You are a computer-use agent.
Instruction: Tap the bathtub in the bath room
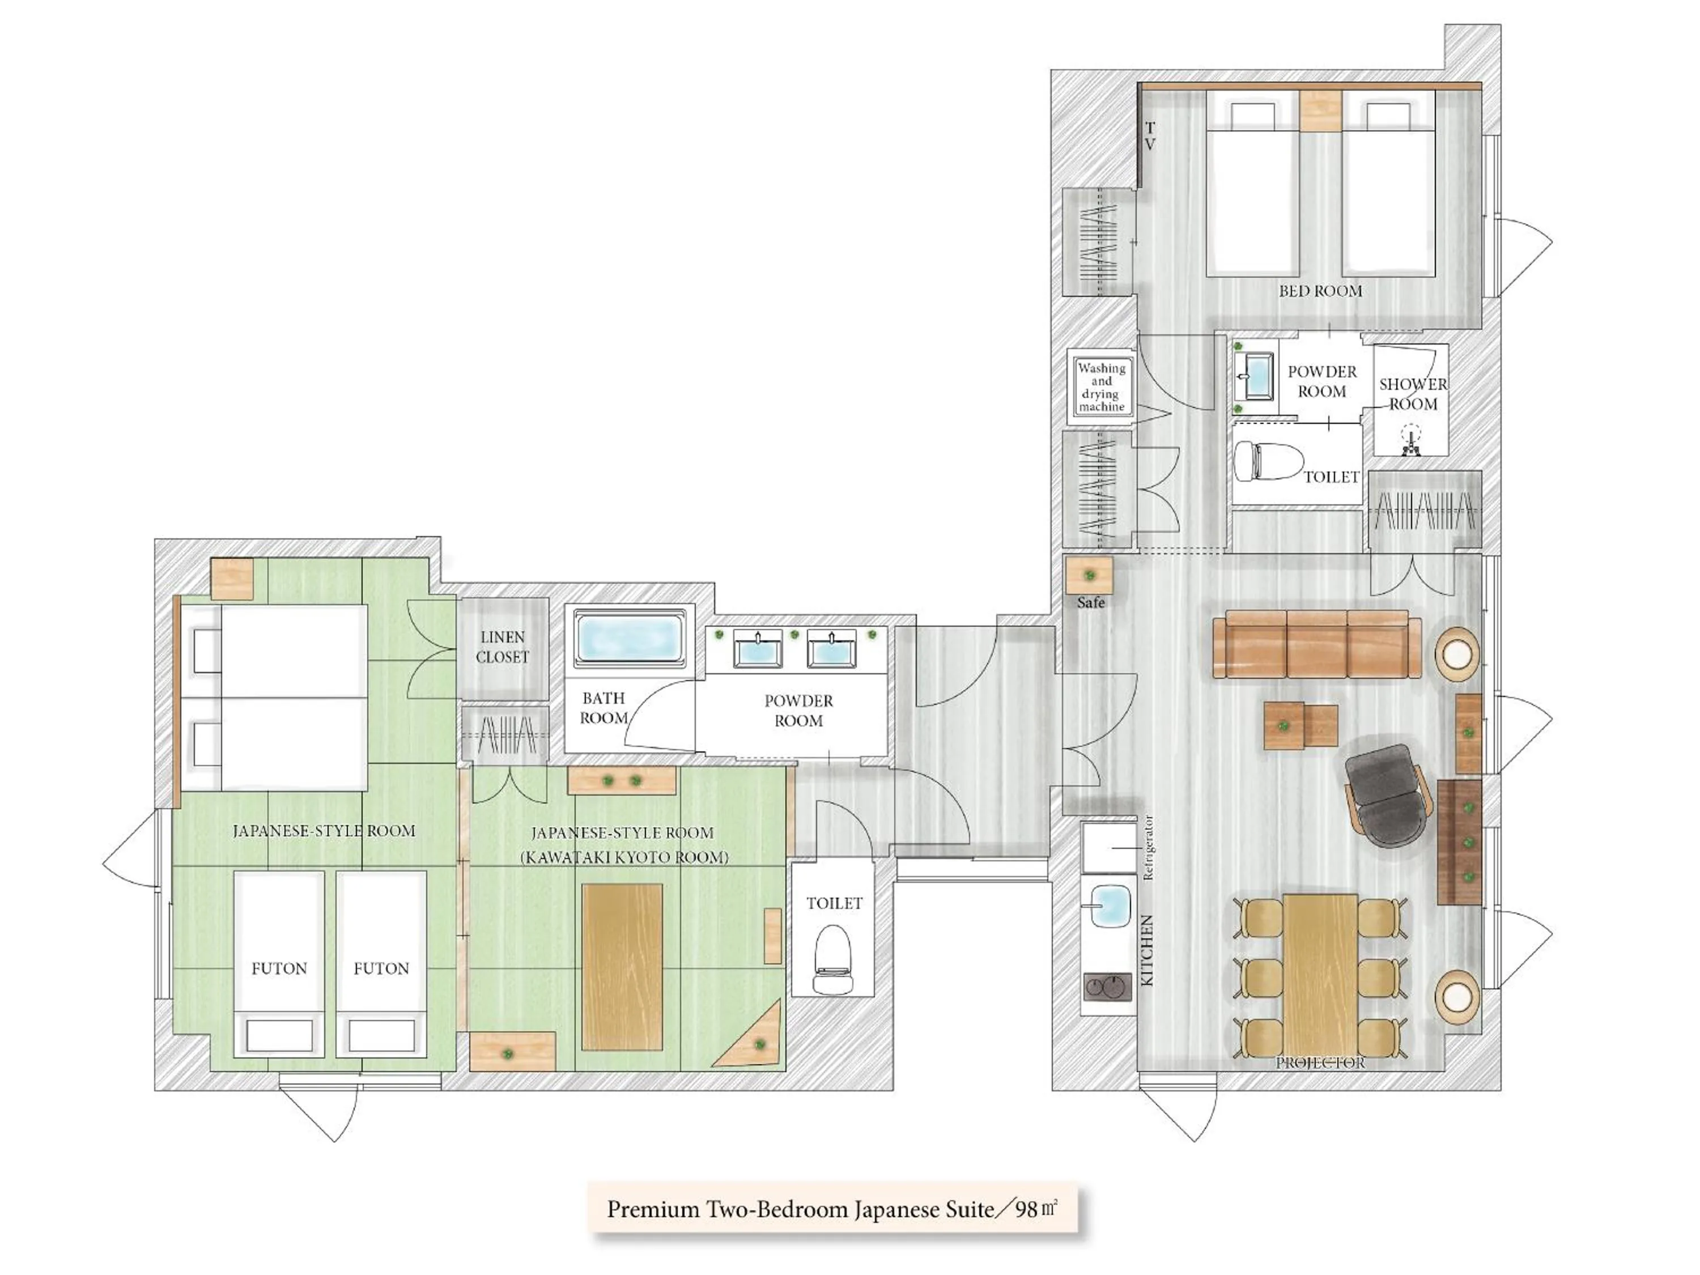tap(628, 637)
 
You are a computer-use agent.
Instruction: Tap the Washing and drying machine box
tap(1101, 386)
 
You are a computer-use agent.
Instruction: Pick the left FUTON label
tap(279, 968)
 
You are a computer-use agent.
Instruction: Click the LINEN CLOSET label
tap(503, 647)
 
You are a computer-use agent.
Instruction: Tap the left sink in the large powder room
tap(757, 649)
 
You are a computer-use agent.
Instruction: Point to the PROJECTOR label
tap(1320, 1063)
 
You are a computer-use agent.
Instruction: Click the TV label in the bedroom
tap(1150, 136)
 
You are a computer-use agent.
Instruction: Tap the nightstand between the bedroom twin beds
tap(1320, 110)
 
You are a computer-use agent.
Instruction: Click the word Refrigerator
tap(1148, 848)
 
